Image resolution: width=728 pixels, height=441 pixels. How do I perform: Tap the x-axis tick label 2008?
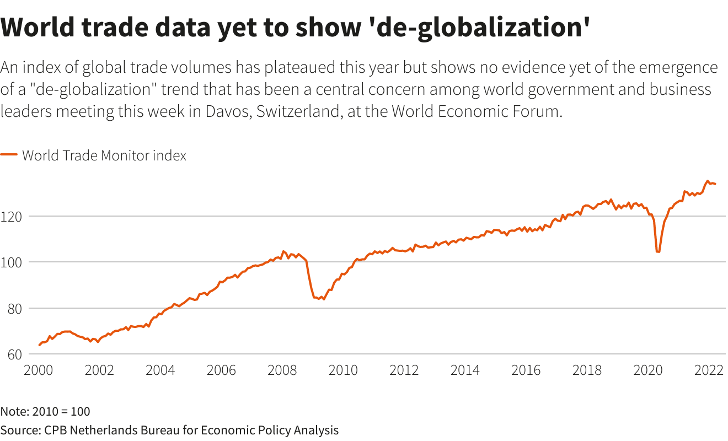(x=282, y=370)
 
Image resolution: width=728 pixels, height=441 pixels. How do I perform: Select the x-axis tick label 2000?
(x=38, y=370)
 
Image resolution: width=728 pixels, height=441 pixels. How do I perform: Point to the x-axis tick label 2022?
(x=709, y=370)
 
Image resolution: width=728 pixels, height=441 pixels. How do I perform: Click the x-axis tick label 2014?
(x=465, y=370)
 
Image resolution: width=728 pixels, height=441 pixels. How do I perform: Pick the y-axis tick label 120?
(x=13, y=217)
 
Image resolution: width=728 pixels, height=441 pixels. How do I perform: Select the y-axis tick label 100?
(x=13, y=262)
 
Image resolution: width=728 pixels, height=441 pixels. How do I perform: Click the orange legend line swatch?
(x=9, y=155)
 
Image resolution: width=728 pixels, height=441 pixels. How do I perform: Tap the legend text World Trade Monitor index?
(x=104, y=155)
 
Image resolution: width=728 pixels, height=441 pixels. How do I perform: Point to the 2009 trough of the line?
(x=323, y=299)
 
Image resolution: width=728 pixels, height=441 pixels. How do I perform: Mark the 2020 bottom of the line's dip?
(x=658, y=252)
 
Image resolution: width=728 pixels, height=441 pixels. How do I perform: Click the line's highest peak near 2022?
(x=708, y=181)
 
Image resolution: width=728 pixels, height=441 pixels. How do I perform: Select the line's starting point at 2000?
(x=39, y=345)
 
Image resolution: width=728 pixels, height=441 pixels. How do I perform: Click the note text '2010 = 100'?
(x=61, y=411)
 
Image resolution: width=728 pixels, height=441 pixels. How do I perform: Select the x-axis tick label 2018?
(x=587, y=370)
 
